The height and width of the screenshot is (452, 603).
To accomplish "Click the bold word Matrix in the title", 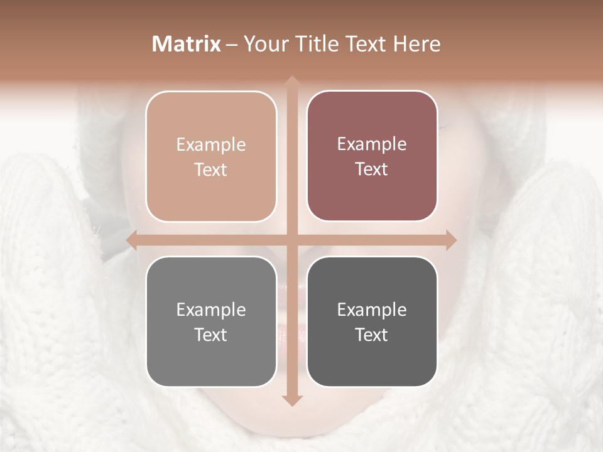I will pos(187,44).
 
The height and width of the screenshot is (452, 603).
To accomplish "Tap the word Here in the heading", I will pos(416,44).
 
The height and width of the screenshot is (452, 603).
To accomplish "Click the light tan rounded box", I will pos(211,156).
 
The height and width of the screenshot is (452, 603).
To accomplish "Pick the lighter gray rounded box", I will pos(211,321).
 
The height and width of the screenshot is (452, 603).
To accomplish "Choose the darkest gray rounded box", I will pos(372,321).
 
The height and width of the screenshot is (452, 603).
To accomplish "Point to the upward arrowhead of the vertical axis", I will pos(291,82).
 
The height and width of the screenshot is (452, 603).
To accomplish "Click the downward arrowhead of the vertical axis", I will pos(291,400).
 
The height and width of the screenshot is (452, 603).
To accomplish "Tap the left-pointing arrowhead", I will pos(132,240).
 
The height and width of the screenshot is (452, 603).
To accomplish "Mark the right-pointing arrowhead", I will pos(450,240).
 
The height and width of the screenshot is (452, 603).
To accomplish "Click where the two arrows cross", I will pos(291,240).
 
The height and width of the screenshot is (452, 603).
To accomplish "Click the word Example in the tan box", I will pos(211,145).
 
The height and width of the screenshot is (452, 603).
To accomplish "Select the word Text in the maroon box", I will pos(372,169).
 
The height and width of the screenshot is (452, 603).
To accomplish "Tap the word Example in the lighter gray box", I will pos(211,310).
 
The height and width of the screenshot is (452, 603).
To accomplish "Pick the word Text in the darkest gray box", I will pos(372,335).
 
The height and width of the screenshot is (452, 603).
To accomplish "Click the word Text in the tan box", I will pos(211,170).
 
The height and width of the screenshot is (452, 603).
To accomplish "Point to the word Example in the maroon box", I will pos(372,144).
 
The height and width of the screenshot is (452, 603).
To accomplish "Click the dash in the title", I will pos(232,45).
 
